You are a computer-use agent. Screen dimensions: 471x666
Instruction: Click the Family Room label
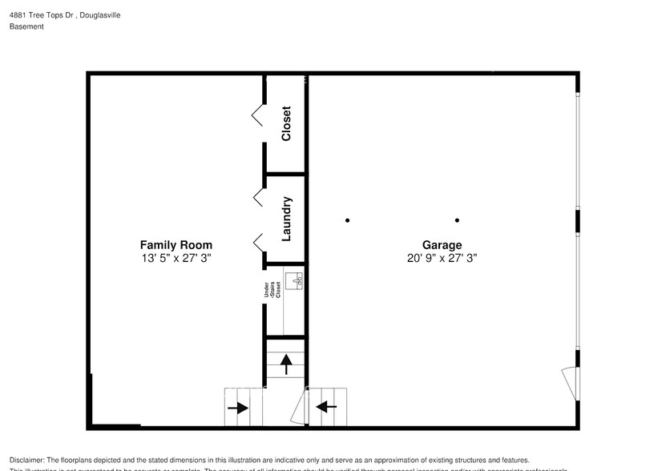(x=176, y=245)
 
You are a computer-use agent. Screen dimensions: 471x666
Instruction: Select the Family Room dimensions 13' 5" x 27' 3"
(x=176, y=259)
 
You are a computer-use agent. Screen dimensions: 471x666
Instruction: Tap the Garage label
(x=442, y=245)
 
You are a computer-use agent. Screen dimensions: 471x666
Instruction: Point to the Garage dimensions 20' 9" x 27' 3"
(x=442, y=259)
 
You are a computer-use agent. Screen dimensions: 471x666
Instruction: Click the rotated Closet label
(x=286, y=123)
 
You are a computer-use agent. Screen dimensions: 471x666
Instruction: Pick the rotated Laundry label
(x=286, y=219)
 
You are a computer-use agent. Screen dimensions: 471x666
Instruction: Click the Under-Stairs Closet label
(x=272, y=289)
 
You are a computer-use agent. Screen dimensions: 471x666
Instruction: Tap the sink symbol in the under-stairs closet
(x=296, y=281)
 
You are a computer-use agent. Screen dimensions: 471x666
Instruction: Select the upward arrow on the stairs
(x=286, y=366)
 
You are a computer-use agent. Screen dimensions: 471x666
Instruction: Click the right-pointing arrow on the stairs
(x=237, y=408)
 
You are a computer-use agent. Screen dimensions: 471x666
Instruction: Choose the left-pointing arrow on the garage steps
(x=326, y=407)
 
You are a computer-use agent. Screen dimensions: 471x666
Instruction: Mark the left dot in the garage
(x=347, y=220)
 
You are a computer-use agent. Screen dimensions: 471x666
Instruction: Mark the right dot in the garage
(x=457, y=220)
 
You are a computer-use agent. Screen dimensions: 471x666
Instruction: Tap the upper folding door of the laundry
(x=258, y=196)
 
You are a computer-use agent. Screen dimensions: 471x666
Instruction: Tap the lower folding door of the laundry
(x=258, y=240)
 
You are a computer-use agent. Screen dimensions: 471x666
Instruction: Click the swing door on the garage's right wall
(x=570, y=380)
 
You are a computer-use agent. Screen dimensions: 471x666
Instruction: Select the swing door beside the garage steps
(x=297, y=410)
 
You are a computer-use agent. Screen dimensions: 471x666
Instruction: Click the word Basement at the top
(x=26, y=26)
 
